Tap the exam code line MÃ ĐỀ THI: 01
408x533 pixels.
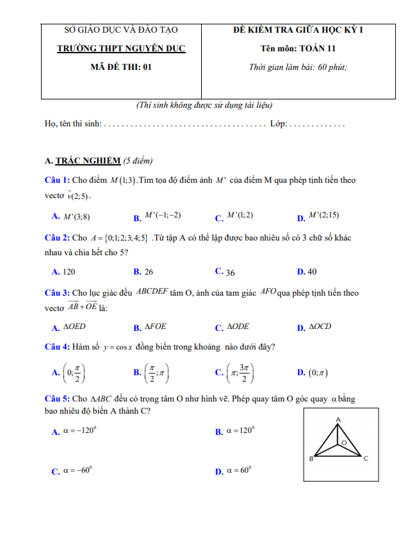121,67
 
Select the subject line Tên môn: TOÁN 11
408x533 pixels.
298,48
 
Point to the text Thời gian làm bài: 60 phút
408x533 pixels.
298,67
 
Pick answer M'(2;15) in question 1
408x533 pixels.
323,216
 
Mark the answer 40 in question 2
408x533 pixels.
312,272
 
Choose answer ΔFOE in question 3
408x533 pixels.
155,327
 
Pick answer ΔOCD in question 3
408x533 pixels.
320,327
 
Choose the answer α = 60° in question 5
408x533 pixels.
241,471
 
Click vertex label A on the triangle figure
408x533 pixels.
338,419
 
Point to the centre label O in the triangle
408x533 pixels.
344,443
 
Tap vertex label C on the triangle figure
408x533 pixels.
366,459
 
